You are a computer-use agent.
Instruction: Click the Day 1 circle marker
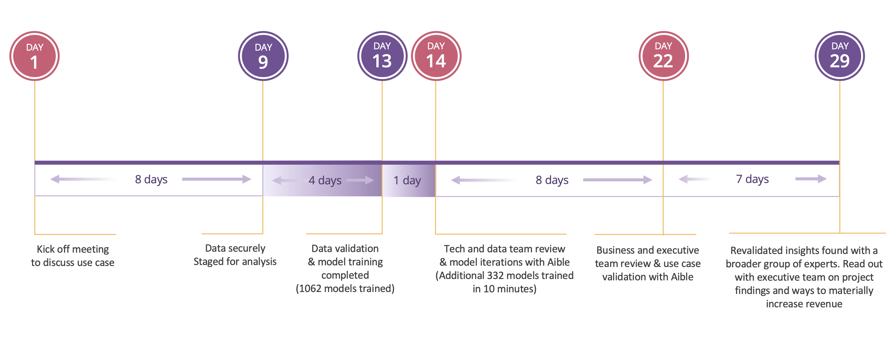click(x=34, y=56)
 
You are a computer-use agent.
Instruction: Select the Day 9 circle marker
click(x=263, y=56)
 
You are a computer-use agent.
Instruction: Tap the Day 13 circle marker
click(x=382, y=56)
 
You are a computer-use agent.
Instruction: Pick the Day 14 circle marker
click(x=436, y=56)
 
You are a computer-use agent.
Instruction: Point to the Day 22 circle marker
click(x=663, y=56)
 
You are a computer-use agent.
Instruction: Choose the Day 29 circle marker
click(x=840, y=56)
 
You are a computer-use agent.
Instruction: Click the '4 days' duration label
click(x=325, y=180)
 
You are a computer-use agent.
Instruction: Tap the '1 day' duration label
click(x=407, y=180)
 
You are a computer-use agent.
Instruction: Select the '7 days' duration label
click(x=752, y=179)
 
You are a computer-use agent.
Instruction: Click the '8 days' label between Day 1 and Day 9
click(x=151, y=179)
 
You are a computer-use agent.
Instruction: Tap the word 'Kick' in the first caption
click(x=46, y=249)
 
